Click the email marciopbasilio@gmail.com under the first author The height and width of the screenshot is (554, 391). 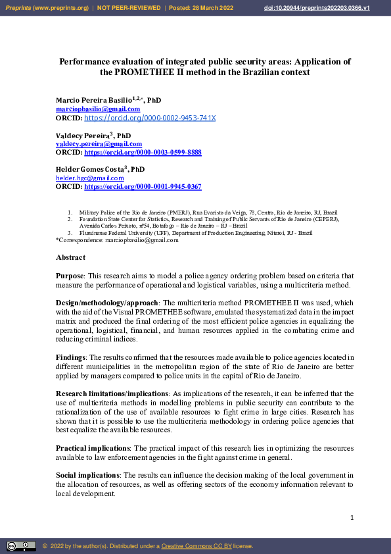pyautogui.click(x=89, y=109)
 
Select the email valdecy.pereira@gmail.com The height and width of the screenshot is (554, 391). pyautogui.click(x=99, y=143)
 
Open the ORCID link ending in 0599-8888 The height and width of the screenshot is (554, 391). pyautogui.click(x=143, y=152)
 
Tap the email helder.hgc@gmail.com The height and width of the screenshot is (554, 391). pyautogui.click(x=89, y=178)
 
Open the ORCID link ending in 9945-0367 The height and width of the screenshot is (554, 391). pyautogui.click(x=143, y=186)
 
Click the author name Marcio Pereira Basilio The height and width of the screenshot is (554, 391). pyautogui.click(x=93, y=100)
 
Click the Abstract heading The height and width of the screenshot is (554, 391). pyautogui.click(x=70, y=257)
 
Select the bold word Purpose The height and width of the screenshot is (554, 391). pyautogui.click(x=71, y=276)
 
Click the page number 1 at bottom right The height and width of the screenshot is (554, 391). pyautogui.click(x=352, y=518)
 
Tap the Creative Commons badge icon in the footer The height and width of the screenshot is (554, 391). pyautogui.click(x=22, y=545)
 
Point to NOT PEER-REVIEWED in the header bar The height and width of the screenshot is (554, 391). pyautogui.click(x=129, y=7)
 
